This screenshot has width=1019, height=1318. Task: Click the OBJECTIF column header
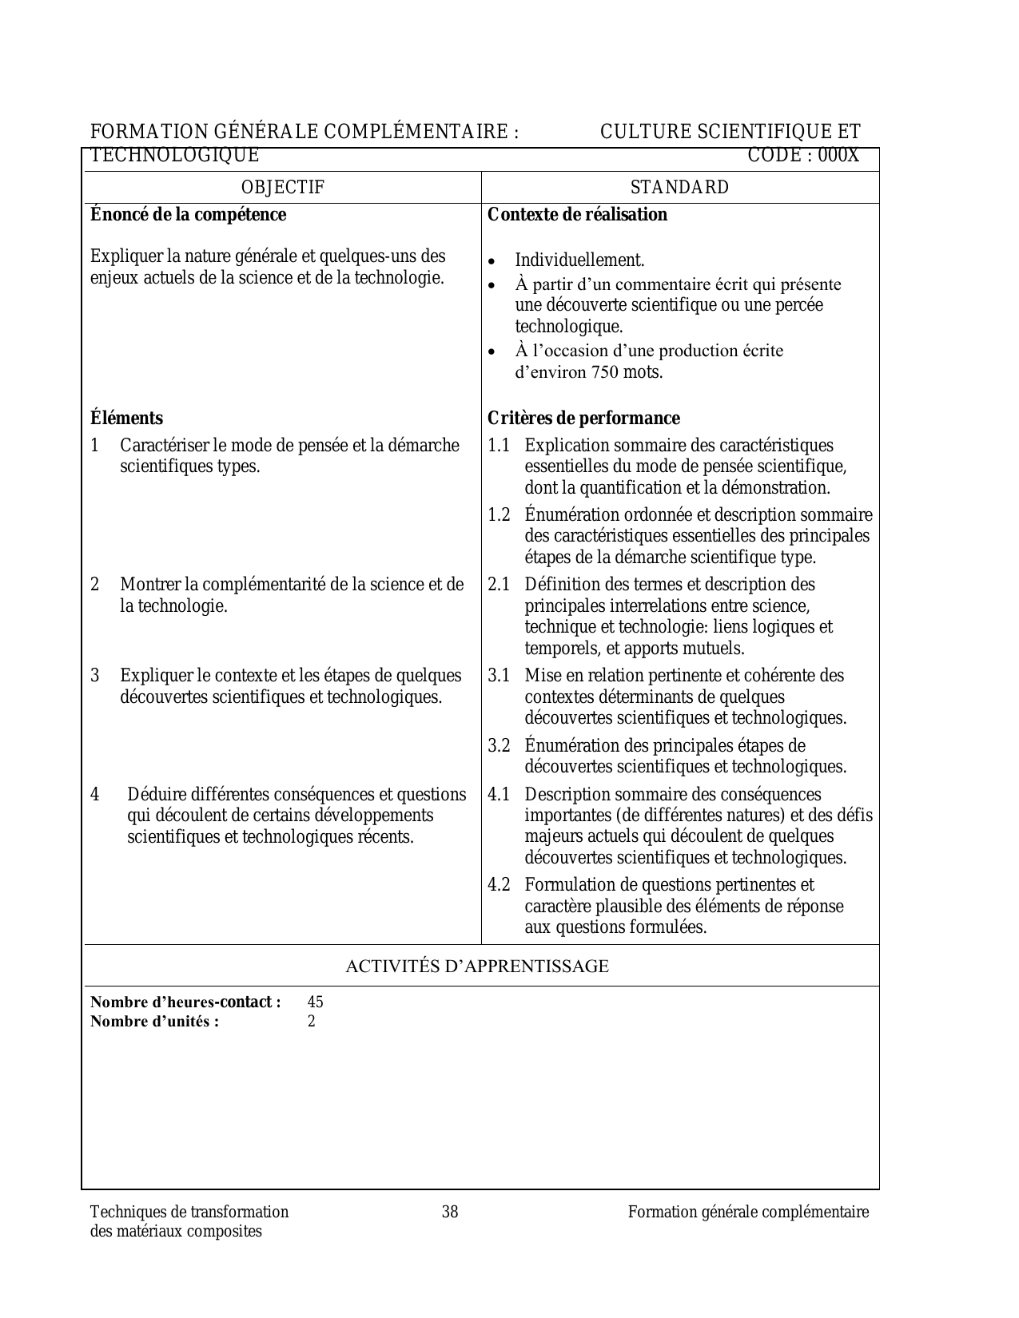coord(283,188)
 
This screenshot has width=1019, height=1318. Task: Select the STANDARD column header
coord(679,188)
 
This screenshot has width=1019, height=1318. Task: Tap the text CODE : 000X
coord(802,156)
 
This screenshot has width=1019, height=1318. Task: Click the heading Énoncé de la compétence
coord(188,215)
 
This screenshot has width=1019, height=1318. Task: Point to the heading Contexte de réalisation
coord(577,215)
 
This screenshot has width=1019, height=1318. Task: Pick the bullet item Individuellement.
coord(579,260)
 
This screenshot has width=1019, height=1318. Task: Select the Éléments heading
coord(126,419)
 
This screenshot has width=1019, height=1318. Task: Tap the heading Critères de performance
coord(583,419)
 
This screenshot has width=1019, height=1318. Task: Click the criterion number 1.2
coord(499,515)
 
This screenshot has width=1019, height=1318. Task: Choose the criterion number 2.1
coord(499,585)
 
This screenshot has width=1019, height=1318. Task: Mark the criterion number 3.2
coord(499,746)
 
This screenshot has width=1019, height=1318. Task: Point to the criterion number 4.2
coord(499,885)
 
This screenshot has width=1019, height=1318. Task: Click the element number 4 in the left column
coord(95,795)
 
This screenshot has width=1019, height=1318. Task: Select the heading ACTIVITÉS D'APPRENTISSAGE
coord(476,967)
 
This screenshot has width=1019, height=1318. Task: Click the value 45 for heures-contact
coord(315,1002)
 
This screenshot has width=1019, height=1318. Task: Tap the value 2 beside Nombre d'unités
coord(312,1022)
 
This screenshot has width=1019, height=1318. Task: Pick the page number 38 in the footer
coord(450,1213)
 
